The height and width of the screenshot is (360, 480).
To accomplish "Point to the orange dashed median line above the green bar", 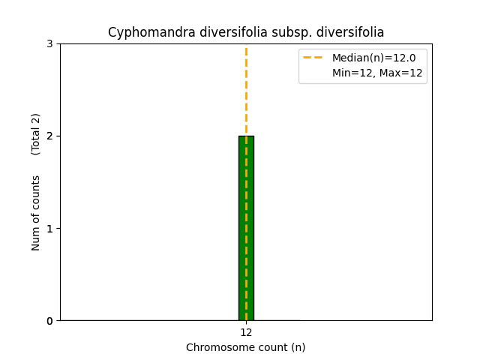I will coord(246,90).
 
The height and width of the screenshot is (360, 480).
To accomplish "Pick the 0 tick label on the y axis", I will coord(49,321).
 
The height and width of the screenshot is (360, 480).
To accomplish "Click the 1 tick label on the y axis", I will coord(49,229).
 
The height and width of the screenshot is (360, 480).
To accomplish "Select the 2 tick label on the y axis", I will coord(49,136).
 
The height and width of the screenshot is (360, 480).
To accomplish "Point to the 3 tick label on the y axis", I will coord(49,44).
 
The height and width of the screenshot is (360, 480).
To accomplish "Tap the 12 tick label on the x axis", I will coord(246,332).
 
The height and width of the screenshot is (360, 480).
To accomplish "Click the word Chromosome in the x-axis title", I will coord(216,347).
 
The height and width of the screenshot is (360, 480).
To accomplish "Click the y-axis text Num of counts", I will coord(36,212).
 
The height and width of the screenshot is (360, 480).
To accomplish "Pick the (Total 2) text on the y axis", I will coord(36,134).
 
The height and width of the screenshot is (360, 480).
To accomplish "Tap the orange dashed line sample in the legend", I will coord(313,58).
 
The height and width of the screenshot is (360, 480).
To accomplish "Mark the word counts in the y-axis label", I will coord(36,193).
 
